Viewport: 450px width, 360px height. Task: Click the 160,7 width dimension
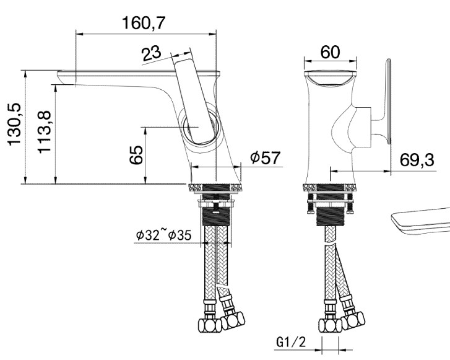tap(144, 23)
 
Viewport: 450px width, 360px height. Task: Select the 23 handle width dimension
tap(152, 53)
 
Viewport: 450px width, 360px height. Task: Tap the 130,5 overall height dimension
tap(14, 124)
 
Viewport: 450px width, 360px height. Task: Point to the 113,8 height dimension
tap(44, 132)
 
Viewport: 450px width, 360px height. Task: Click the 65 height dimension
tap(136, 155)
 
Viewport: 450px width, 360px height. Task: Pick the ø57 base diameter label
tap(265, 157)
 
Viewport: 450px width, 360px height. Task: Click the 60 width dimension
tap(330, 52)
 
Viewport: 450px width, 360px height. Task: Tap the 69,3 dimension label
tap(417, 160)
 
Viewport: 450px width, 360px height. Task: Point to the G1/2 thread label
tap(292, 342)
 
